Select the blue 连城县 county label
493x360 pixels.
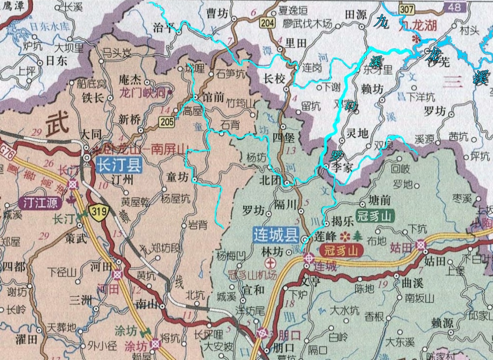(x=273, y=235)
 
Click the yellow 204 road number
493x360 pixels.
(x=267, y=23)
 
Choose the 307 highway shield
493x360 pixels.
(x=407, y=9)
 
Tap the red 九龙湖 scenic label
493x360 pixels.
(x=420, y=26)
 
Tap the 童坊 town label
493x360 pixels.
(x=177, y=177)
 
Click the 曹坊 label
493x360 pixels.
(x=217, y=14)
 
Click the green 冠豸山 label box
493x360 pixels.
(x=376, y=216)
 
